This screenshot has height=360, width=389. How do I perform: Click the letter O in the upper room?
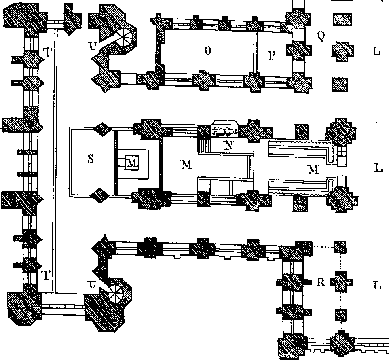click(x=208, y=51)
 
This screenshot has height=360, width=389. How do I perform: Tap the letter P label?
click(x=272, y=56)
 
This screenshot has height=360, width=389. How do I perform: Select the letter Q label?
click(x=321, y=36)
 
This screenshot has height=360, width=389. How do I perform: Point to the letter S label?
click(x=91, y=159)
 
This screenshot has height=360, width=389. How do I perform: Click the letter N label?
click(x=229, y=145)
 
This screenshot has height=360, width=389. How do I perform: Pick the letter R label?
click(x=321, y=282)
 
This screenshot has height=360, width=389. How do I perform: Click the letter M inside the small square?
click(x=131, y=163)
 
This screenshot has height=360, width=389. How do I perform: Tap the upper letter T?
click(x=47, y=52)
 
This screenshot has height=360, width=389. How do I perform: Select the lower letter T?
click(x=45, y=275)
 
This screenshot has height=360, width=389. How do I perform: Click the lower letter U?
click(x=92, y=285)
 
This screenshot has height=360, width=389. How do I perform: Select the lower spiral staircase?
click(x=115, y=293)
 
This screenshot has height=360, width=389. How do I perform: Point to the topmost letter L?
click(x=376, y=51)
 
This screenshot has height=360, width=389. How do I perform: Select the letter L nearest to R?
click(x=377, y=285)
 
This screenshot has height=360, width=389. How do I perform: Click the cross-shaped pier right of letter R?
click(x=341, y=282)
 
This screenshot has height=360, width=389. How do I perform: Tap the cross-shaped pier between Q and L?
click(x=343, y=52)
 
